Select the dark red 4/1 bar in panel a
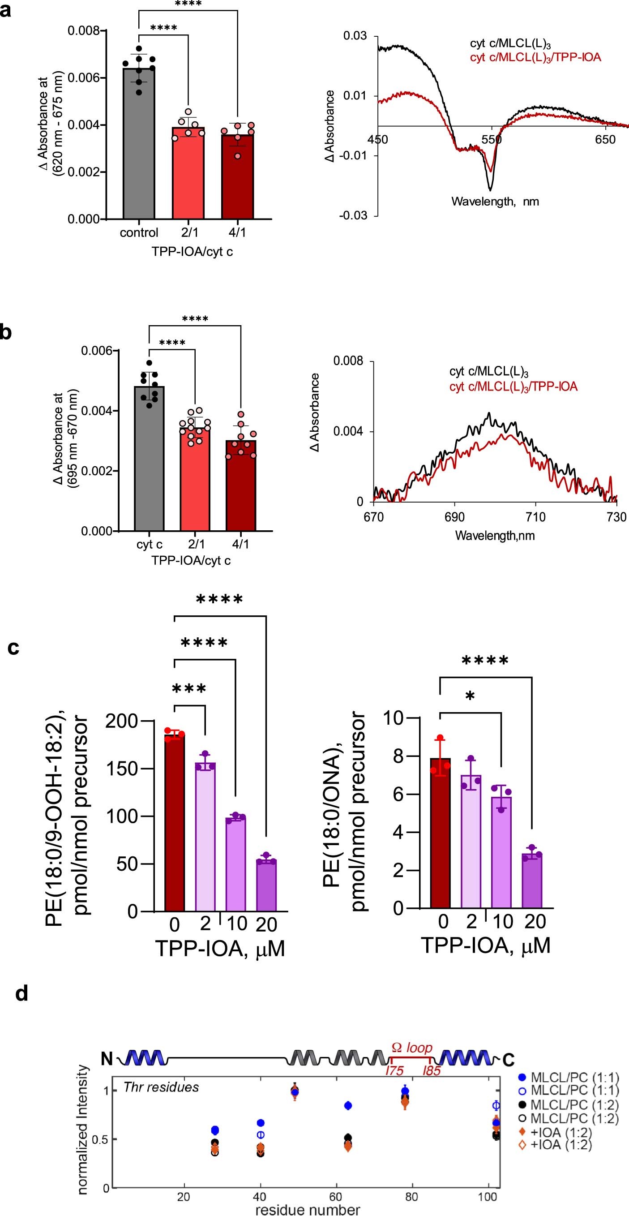(237, 177)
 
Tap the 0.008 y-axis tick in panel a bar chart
(84, 31)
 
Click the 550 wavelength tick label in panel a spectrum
(491, 140)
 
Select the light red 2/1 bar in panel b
(195, 479)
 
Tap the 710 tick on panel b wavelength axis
(535, 517)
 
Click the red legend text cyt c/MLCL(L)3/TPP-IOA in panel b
(513, 387)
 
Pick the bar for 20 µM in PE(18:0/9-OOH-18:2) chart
(266, 886)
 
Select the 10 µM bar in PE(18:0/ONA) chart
(501, 852)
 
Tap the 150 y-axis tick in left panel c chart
(121, 769)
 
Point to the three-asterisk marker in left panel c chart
(189, 689)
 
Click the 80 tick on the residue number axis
(411, 1197)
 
